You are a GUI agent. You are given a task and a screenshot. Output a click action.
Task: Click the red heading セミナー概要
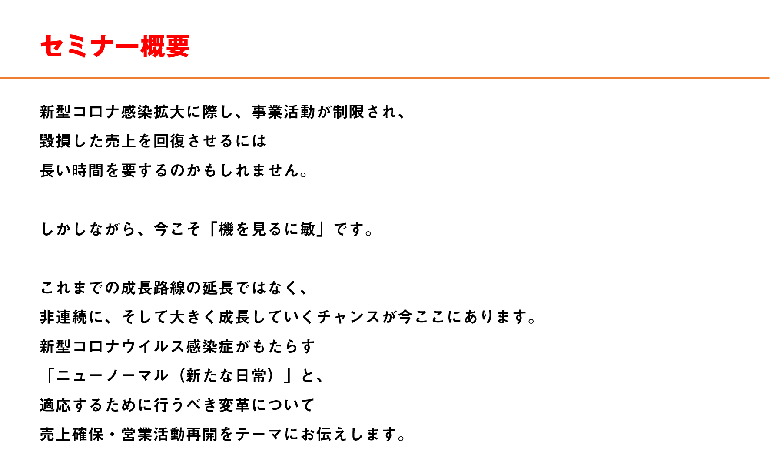click(x=115, y=46)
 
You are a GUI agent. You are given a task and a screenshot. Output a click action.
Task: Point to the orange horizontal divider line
click(x=385, y=78)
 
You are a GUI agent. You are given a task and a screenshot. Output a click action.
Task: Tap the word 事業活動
click(x=284, y=112)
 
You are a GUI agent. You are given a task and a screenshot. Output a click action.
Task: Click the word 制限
click(x=349, y=112)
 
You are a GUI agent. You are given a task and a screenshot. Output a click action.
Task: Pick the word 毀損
click(x=56, y=141)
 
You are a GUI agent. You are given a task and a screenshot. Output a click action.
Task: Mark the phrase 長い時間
click(x=72, y=170)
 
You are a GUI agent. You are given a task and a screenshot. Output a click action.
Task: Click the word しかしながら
click(x=88, y=229)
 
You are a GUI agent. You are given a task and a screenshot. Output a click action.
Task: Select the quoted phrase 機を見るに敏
click(x=268, y=229)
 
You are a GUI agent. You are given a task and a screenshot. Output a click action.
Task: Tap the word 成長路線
click(x=153, y=288)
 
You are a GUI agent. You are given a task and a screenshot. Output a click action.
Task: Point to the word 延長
click(x=219, y=288)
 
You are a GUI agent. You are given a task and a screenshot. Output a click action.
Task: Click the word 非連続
click(x=64, y=317)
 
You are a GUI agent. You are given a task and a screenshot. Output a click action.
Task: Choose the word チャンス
click(x=349, y=317)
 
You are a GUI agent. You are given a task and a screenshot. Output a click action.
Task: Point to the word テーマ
click(x=259, y=434)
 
